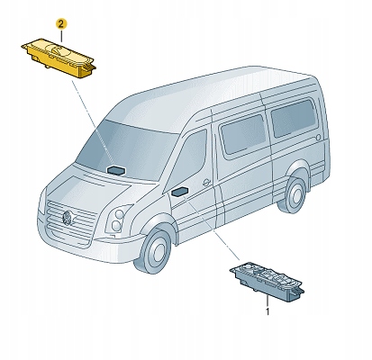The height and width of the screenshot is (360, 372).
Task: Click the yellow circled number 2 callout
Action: [x=61, y=24]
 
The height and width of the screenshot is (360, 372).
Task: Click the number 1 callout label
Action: [x=268, y=311]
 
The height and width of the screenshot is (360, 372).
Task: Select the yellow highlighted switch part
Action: [x=59, y=58]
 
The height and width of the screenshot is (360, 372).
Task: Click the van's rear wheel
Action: [x=292, y=194]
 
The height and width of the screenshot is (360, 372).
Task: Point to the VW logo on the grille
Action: [x=68, y=218]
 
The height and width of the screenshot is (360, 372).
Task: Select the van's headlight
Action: [x=118, y=219]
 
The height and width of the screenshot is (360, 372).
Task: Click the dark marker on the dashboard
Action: [x=116, y=170]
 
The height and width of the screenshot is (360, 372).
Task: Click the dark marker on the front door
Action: [x=180, y=192]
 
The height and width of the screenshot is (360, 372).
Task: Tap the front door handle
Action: [x=206, y=182]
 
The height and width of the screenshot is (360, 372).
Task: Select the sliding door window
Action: [x=243, y=133]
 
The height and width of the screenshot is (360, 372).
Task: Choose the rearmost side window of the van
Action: [x=293, y=118]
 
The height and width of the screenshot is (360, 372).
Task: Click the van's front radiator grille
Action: [x=70, y=220]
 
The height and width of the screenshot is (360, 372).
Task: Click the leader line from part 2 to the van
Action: [x=91, y=121]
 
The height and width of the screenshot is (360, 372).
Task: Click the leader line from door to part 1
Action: [x=213, y=229]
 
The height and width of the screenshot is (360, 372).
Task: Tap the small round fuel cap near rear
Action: [x=318, y=138]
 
